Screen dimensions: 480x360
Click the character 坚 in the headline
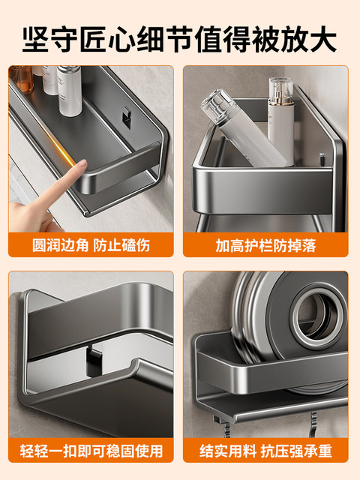click(36, 37)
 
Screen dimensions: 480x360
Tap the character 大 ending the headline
click(322, 37)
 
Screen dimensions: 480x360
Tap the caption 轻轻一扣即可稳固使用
click(91, 451)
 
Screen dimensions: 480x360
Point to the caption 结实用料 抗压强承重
click(267, 451)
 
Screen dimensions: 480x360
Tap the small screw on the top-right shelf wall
click(321, 160)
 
